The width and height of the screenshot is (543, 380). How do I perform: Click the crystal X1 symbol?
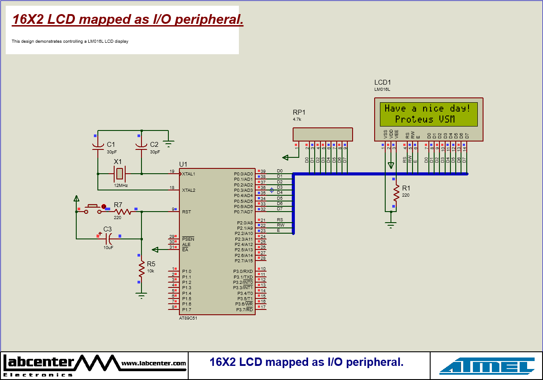tap(119, 174)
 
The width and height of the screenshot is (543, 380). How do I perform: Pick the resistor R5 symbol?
tap(141, 268)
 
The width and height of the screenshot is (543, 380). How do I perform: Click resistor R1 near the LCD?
tap(396, 193)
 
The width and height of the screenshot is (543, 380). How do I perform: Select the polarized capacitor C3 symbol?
tap(108, 239)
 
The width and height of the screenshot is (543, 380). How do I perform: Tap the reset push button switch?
tap(92, 208)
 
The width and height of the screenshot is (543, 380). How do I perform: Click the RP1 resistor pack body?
tap(323, 134)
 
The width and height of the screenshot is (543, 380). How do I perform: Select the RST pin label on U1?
tap(186, 212)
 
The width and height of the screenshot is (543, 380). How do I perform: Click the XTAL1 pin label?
tap(189, 174)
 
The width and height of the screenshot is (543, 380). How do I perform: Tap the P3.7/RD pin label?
tap(244, 310)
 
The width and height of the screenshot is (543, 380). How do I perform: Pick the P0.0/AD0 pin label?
tap(243, 174)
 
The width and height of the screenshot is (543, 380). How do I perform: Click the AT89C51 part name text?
tap(188, 318)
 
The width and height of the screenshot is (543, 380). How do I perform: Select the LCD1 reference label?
tap(383, 82)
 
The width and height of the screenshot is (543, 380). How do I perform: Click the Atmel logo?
tap(487, 366)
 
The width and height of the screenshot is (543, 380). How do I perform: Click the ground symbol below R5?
tap(141, 295)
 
